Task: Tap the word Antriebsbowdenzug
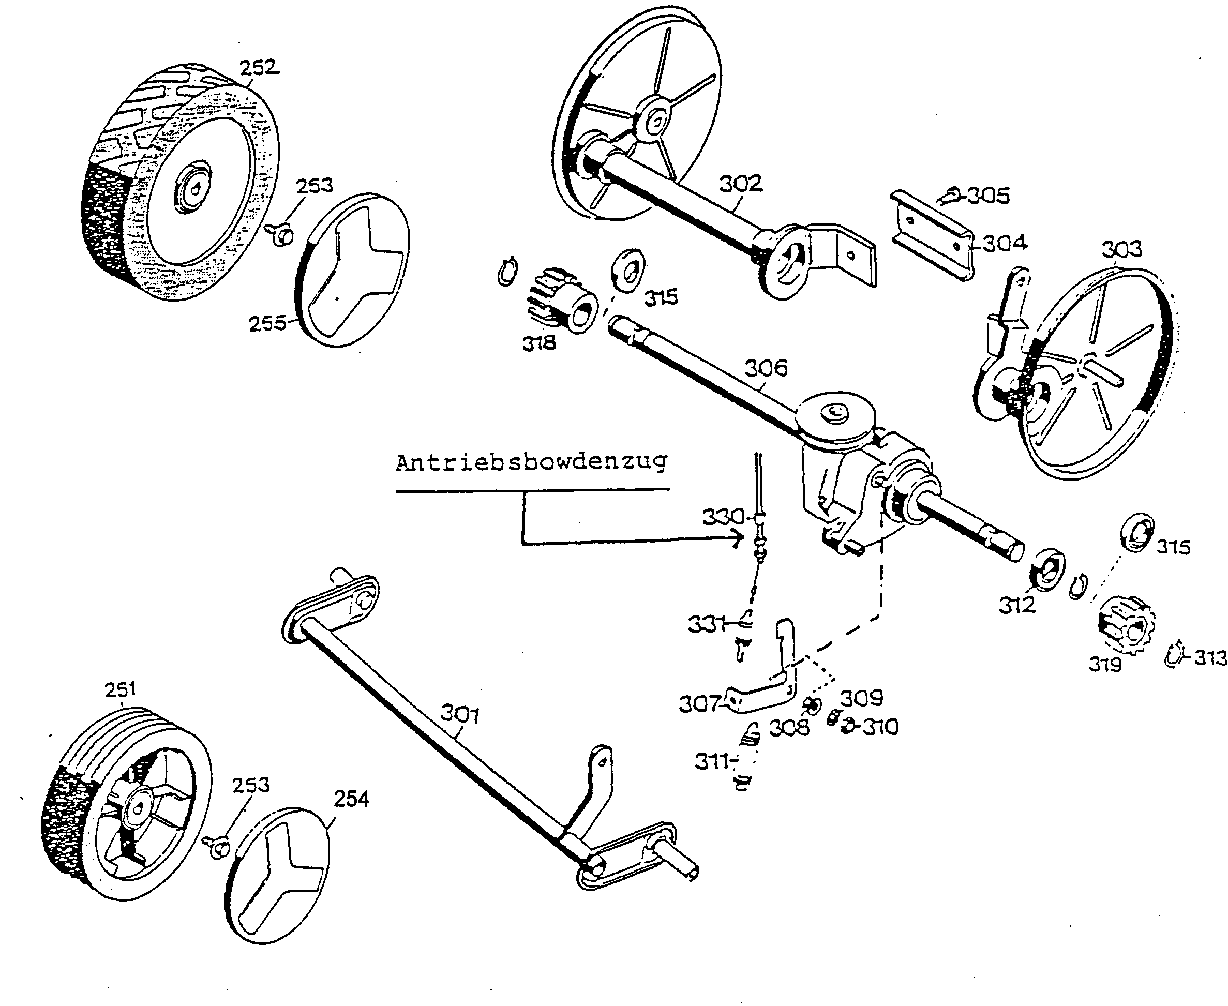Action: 531,463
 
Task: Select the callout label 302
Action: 741,184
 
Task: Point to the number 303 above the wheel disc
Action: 1122,249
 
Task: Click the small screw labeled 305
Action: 950,196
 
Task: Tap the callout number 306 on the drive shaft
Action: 766,368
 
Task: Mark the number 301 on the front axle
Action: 460,714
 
